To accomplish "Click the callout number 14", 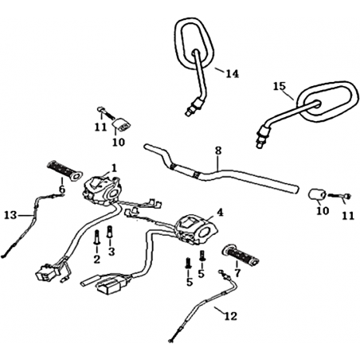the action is click(232, 73).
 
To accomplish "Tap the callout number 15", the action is click(280, 87).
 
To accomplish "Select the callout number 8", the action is click(218, 151).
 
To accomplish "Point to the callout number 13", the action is click(11, 215).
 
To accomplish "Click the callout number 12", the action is click(230, 316).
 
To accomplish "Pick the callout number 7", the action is click(237, 272).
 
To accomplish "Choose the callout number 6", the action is click(62, 190).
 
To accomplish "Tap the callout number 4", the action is click(220, 213).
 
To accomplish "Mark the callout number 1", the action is click(114, 168).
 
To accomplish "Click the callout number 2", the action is click(96, 259).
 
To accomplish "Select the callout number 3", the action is click(112, 252).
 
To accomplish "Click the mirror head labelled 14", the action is click(194, 44).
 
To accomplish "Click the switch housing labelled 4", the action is click(197, 229).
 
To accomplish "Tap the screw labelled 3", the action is click(110, 232).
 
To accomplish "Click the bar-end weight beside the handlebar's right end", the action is click(316, 194).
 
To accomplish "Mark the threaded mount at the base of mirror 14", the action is click(194, 106).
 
